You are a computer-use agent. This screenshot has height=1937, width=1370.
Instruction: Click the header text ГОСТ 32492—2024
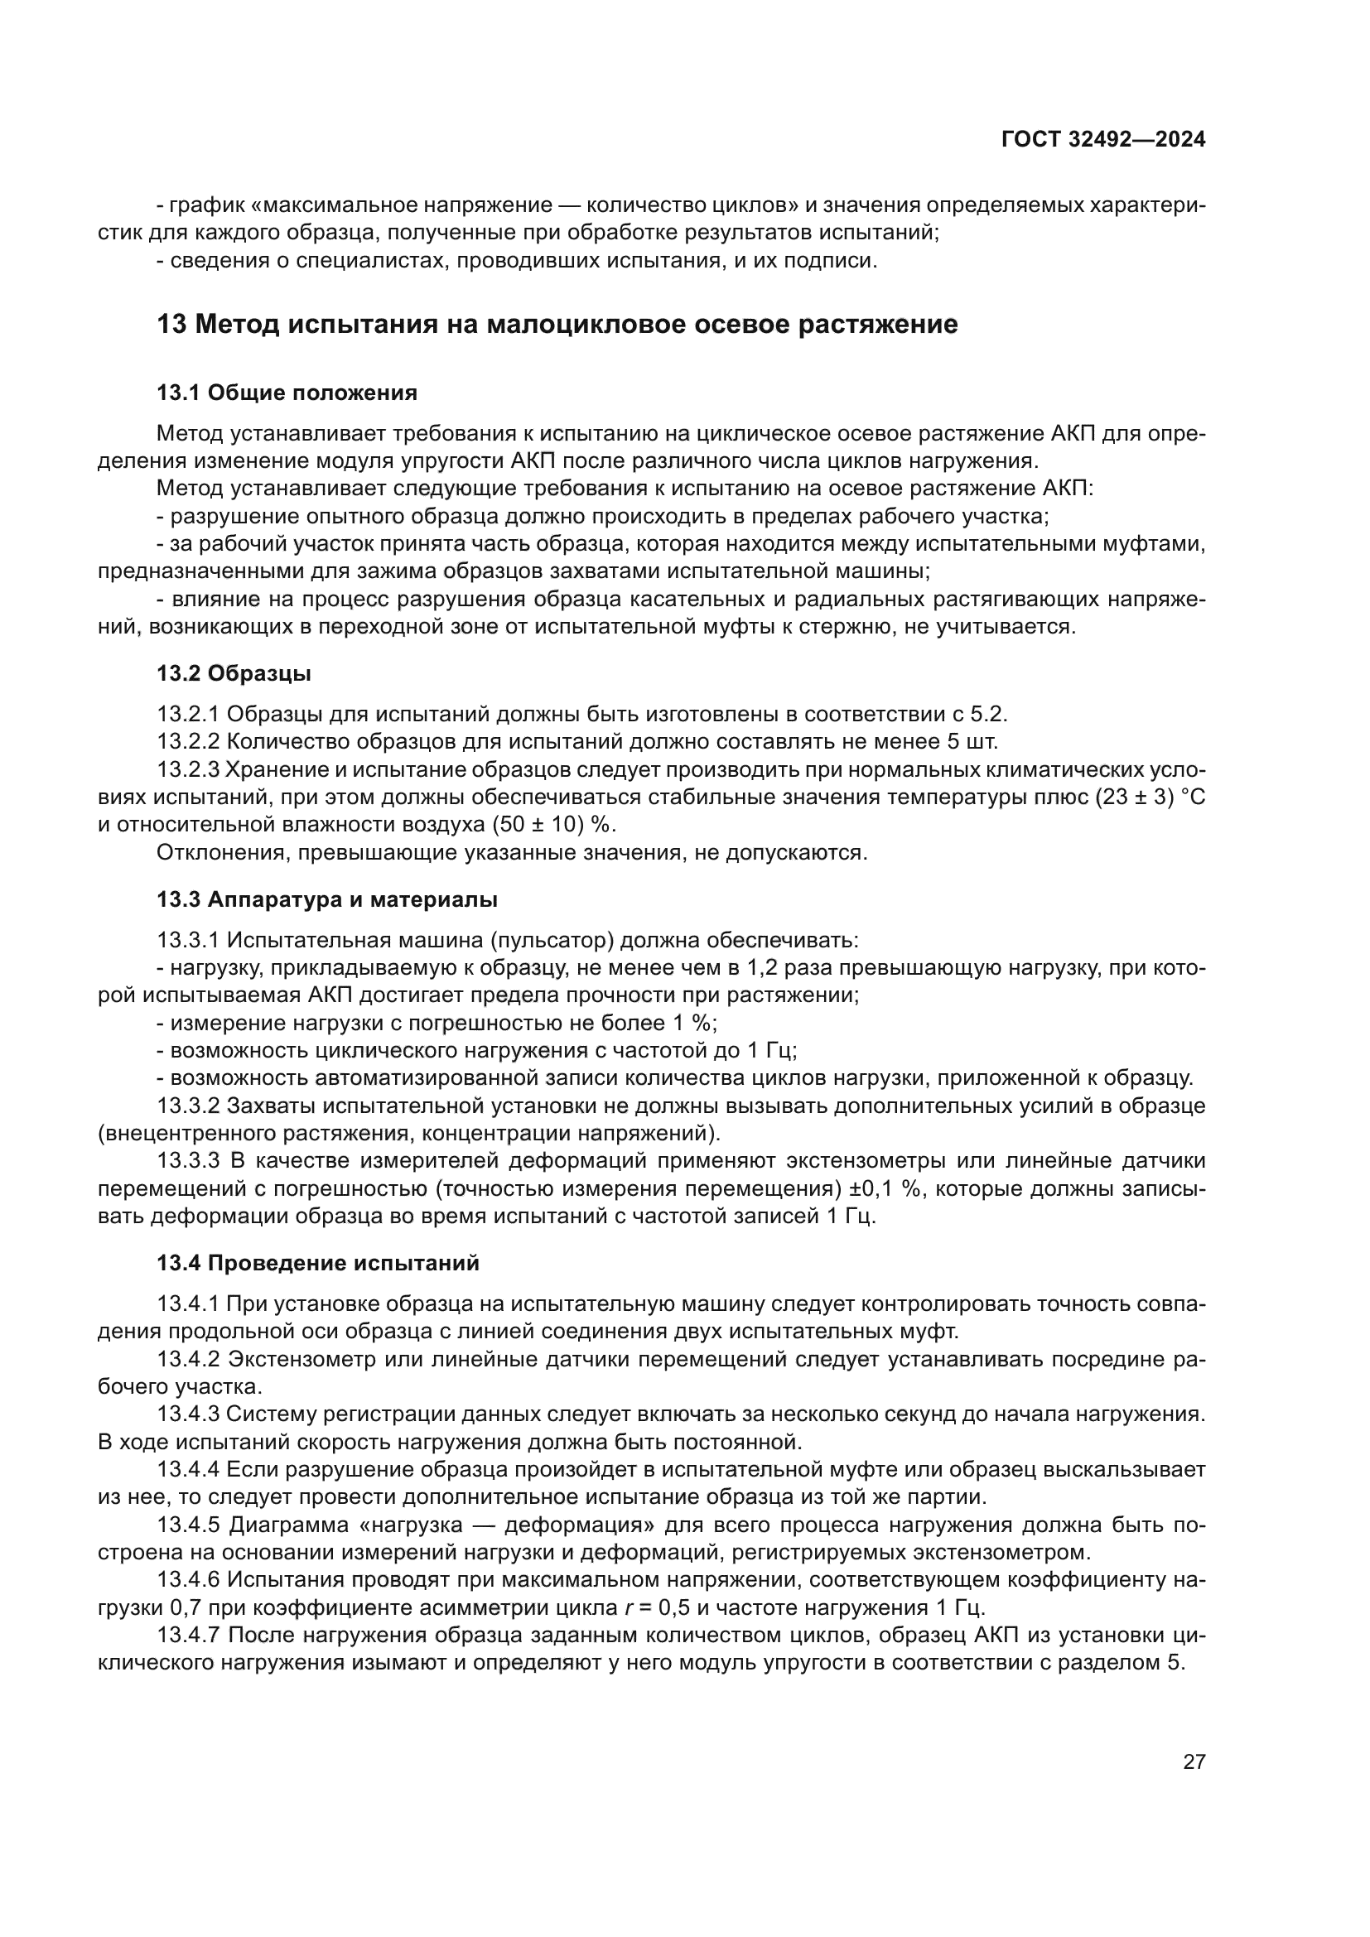(1102, 140)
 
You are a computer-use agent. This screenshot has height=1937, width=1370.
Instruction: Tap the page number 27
(1194, 1761)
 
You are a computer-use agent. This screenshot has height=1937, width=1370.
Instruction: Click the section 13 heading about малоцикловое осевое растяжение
(557, 324)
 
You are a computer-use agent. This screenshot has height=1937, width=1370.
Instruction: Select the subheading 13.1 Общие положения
(287, 393)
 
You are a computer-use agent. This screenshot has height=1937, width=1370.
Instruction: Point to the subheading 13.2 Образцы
(234, 673)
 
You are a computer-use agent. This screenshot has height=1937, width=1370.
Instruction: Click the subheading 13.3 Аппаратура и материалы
(326, 899)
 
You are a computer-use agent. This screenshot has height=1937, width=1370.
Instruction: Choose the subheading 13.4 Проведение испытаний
(318, 1263)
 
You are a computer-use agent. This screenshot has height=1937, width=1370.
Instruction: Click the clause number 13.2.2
(188, 741)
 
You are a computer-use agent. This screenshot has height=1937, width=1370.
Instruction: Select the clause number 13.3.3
(188, 1161)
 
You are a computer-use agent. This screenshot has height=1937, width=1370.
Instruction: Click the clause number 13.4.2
(188, 1359)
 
